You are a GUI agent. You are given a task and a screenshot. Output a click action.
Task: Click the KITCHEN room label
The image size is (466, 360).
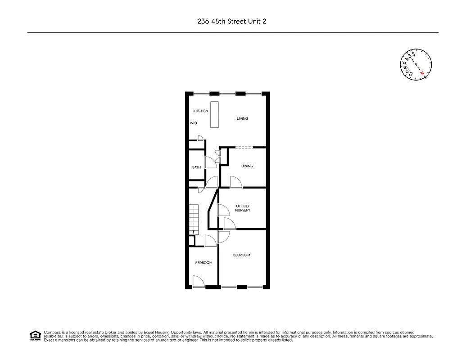click(x=200, y=111)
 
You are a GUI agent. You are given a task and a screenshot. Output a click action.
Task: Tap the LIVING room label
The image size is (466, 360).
click(x=243, y=119)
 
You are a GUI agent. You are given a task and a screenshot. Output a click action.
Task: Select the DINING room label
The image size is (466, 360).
click(x=247, y=166)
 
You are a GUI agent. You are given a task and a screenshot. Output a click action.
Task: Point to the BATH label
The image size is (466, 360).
click(x=196, y=167)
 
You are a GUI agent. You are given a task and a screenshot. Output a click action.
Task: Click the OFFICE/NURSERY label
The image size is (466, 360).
click(x=243, y=208)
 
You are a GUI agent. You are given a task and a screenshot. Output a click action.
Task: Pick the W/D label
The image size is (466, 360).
click(x=193, y=123)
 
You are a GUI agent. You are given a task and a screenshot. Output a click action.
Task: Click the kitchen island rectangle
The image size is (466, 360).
click(x=214, y=116)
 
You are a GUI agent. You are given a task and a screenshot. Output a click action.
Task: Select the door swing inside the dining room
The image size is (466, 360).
click(x=235, y=182)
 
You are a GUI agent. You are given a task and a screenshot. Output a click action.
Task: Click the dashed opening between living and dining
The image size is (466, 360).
click(x=244, y=147)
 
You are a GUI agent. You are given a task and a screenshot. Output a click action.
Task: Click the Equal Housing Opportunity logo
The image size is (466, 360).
click(x=35, y=335)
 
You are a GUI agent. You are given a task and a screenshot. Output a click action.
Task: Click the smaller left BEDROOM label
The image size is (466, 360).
click(x=204, y=263)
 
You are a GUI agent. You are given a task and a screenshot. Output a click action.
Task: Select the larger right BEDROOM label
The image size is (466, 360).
click(x=241, y=255)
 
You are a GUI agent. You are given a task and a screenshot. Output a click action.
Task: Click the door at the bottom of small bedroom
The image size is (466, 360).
click(x=198, y=282)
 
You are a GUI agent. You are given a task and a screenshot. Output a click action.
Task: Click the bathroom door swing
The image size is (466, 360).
click(x=210, y=162)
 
